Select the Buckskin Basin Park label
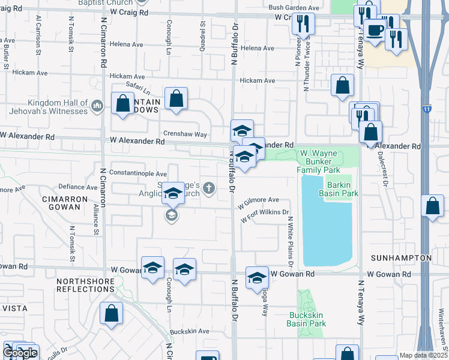point(307,319)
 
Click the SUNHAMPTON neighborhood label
point(402,258)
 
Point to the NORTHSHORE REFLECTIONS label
point(85,285)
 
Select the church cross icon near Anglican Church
point(209,188)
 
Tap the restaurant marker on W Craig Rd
point(303,23)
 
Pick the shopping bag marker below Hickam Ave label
point(342,86)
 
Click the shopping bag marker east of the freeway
point(432,206)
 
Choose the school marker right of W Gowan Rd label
point(257,277)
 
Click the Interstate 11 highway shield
point(426,109)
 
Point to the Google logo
point(20,353)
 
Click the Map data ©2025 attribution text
point(423,355)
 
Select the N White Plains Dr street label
point(290,242)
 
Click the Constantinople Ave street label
point(137,173)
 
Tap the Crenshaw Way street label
point(185,134)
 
